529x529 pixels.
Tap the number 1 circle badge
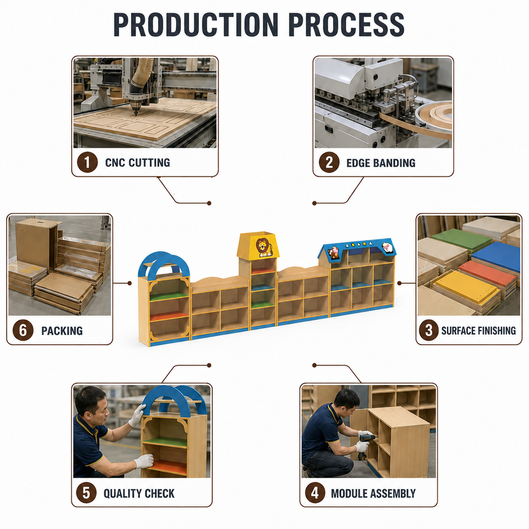tap(88, 162)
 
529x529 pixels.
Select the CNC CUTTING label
tap(138, 163)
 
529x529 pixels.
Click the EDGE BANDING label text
tap(381, 163)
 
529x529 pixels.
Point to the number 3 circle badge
tap(429, 330)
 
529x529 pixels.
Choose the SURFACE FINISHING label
tap(478, 331)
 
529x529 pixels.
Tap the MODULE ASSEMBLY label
tap(373, 494)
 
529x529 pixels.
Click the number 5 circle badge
tap(87, 493)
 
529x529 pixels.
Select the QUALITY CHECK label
tap(139, 494)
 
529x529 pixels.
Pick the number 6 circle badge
tap(23, 330)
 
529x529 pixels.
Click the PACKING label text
tap(62, 331)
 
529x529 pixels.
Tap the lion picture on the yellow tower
tap(263, 247)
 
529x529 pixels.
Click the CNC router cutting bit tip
tap(136, 114)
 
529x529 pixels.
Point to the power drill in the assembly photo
tap(367, 441)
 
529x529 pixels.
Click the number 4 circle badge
tap(315, 493)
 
